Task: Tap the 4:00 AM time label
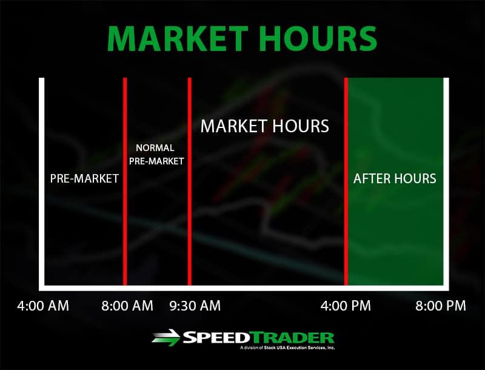click(x=43, y=305)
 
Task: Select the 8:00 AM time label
click(x=127, y=305)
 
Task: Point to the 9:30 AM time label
click(x=195, y=305)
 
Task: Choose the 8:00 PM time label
click(x=440, y=305)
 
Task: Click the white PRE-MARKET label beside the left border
click(x=84, y=179)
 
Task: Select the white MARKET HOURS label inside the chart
click(x=264, y=126)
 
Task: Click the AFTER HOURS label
click(x=395, y=179)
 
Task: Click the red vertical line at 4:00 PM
click(x=346, y=230)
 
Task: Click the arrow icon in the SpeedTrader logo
click(x=166, y=338)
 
